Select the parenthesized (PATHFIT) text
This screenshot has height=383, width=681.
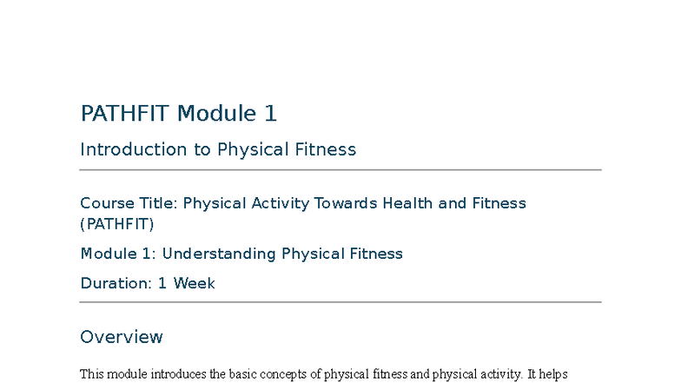pyautogui.click(x=116, y=224)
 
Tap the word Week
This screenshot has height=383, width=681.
pyautogui.click(x=194, y=283)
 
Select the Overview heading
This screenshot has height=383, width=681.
pyautogui.click(x=121, y=337)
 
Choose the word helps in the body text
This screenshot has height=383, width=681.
pyautogui.click(x=552, y=375)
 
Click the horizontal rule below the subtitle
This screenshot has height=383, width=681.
pyautogui.click(x=340, y=170)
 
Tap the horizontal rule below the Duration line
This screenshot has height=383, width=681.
pyautogui.click(x=340, y=302)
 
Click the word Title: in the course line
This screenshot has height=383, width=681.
pyautogui.click(x=158, y=203)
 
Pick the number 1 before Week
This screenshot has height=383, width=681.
pyautogui.click(x=162, y=283)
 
